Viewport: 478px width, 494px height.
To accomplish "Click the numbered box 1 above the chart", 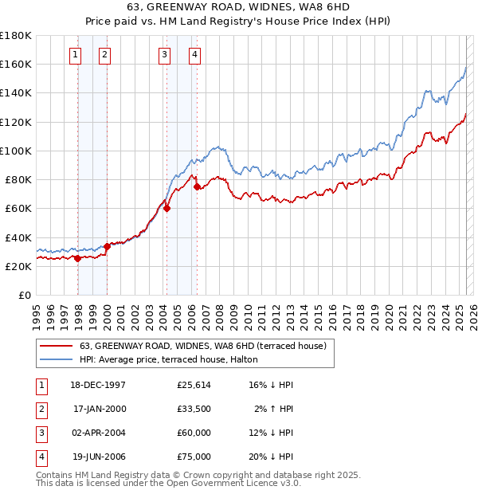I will tap(74, 55).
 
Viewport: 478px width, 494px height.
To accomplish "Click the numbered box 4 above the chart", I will tap(194, 55).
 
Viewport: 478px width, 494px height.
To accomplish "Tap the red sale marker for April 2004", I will tap(167, 208).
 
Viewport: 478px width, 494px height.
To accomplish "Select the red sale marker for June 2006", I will tap(198, 186).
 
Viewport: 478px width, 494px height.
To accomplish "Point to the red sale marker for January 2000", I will tap(107, 246).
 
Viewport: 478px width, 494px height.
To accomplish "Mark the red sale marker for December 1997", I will tap(77, 258).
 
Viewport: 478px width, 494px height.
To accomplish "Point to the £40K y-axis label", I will tap(18, 237).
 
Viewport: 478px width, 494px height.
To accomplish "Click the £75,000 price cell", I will tap(194, 457).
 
